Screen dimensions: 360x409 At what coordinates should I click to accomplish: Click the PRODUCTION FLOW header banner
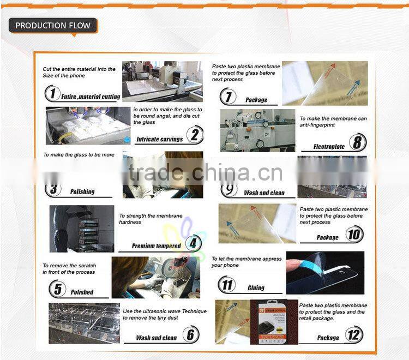[53, 26]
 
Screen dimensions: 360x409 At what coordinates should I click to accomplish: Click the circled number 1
[52, 94]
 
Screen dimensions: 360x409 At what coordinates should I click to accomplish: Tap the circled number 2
[195, 134]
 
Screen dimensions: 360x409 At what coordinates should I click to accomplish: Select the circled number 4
[193, 243]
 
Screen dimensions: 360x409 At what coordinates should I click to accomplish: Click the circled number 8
[358, 143]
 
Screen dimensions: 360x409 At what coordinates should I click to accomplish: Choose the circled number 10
[354, 235]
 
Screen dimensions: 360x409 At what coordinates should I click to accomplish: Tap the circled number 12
[354, 334]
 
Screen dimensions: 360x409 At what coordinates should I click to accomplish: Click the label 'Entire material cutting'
[91, 97]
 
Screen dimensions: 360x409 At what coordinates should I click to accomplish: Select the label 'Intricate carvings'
[159, 140]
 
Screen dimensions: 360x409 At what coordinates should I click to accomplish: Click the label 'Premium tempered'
[156, 246]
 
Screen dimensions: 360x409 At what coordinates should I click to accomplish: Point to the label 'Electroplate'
[329, 147]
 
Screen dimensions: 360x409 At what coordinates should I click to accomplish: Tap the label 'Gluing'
[256, 287]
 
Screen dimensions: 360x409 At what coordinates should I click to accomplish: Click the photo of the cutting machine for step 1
[162, 81]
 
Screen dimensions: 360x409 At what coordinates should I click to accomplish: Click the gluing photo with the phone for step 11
[325, 272]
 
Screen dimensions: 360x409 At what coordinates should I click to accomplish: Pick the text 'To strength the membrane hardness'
[151, 219]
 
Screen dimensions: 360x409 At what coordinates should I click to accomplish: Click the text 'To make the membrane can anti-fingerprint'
[333, 122]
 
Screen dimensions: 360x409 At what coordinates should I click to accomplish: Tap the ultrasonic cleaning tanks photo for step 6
[84, 323]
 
